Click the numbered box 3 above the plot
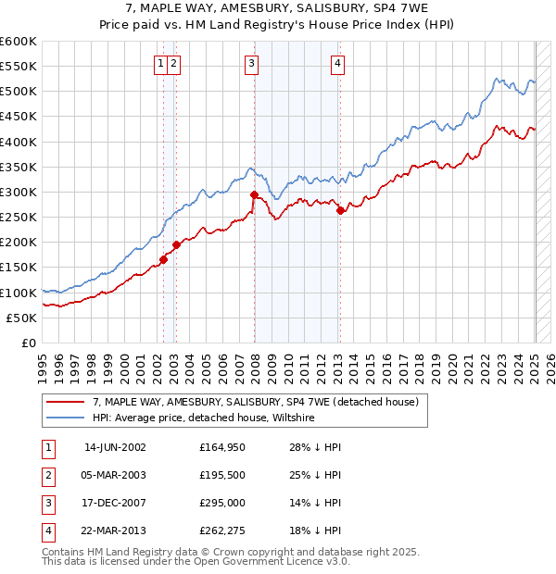252,63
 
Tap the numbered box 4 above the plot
338,63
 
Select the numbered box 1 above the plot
161,63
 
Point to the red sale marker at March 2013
340,211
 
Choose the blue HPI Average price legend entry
204,418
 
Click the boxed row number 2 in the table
46,476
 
